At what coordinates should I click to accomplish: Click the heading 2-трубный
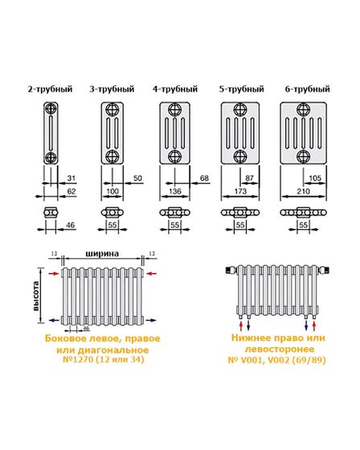pos(50,88)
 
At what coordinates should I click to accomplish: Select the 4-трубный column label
pos(175,88)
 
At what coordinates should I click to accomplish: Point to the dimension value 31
pos(72,178)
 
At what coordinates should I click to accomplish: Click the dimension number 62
pos(72,193)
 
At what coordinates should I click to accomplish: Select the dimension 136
pos(174,193)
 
